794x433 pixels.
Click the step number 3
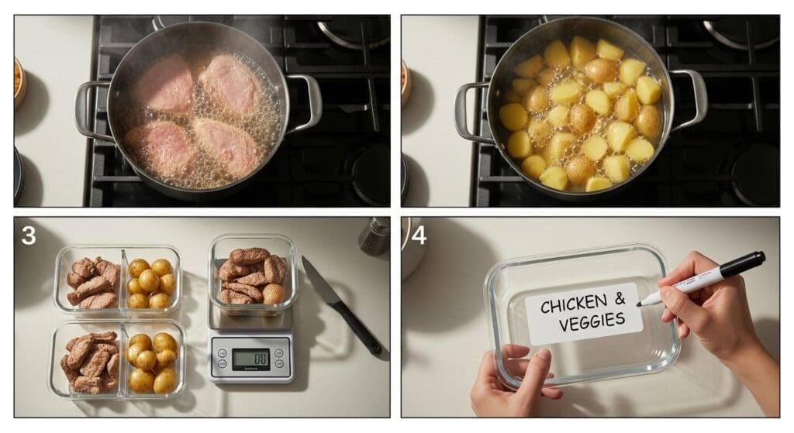29,235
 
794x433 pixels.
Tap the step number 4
419,235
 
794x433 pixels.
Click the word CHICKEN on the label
573,303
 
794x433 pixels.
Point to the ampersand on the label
620,298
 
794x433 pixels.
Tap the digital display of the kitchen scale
250,359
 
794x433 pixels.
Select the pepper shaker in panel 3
375,236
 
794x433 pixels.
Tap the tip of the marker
639,304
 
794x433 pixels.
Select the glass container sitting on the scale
253,273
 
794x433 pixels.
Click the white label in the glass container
584,314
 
